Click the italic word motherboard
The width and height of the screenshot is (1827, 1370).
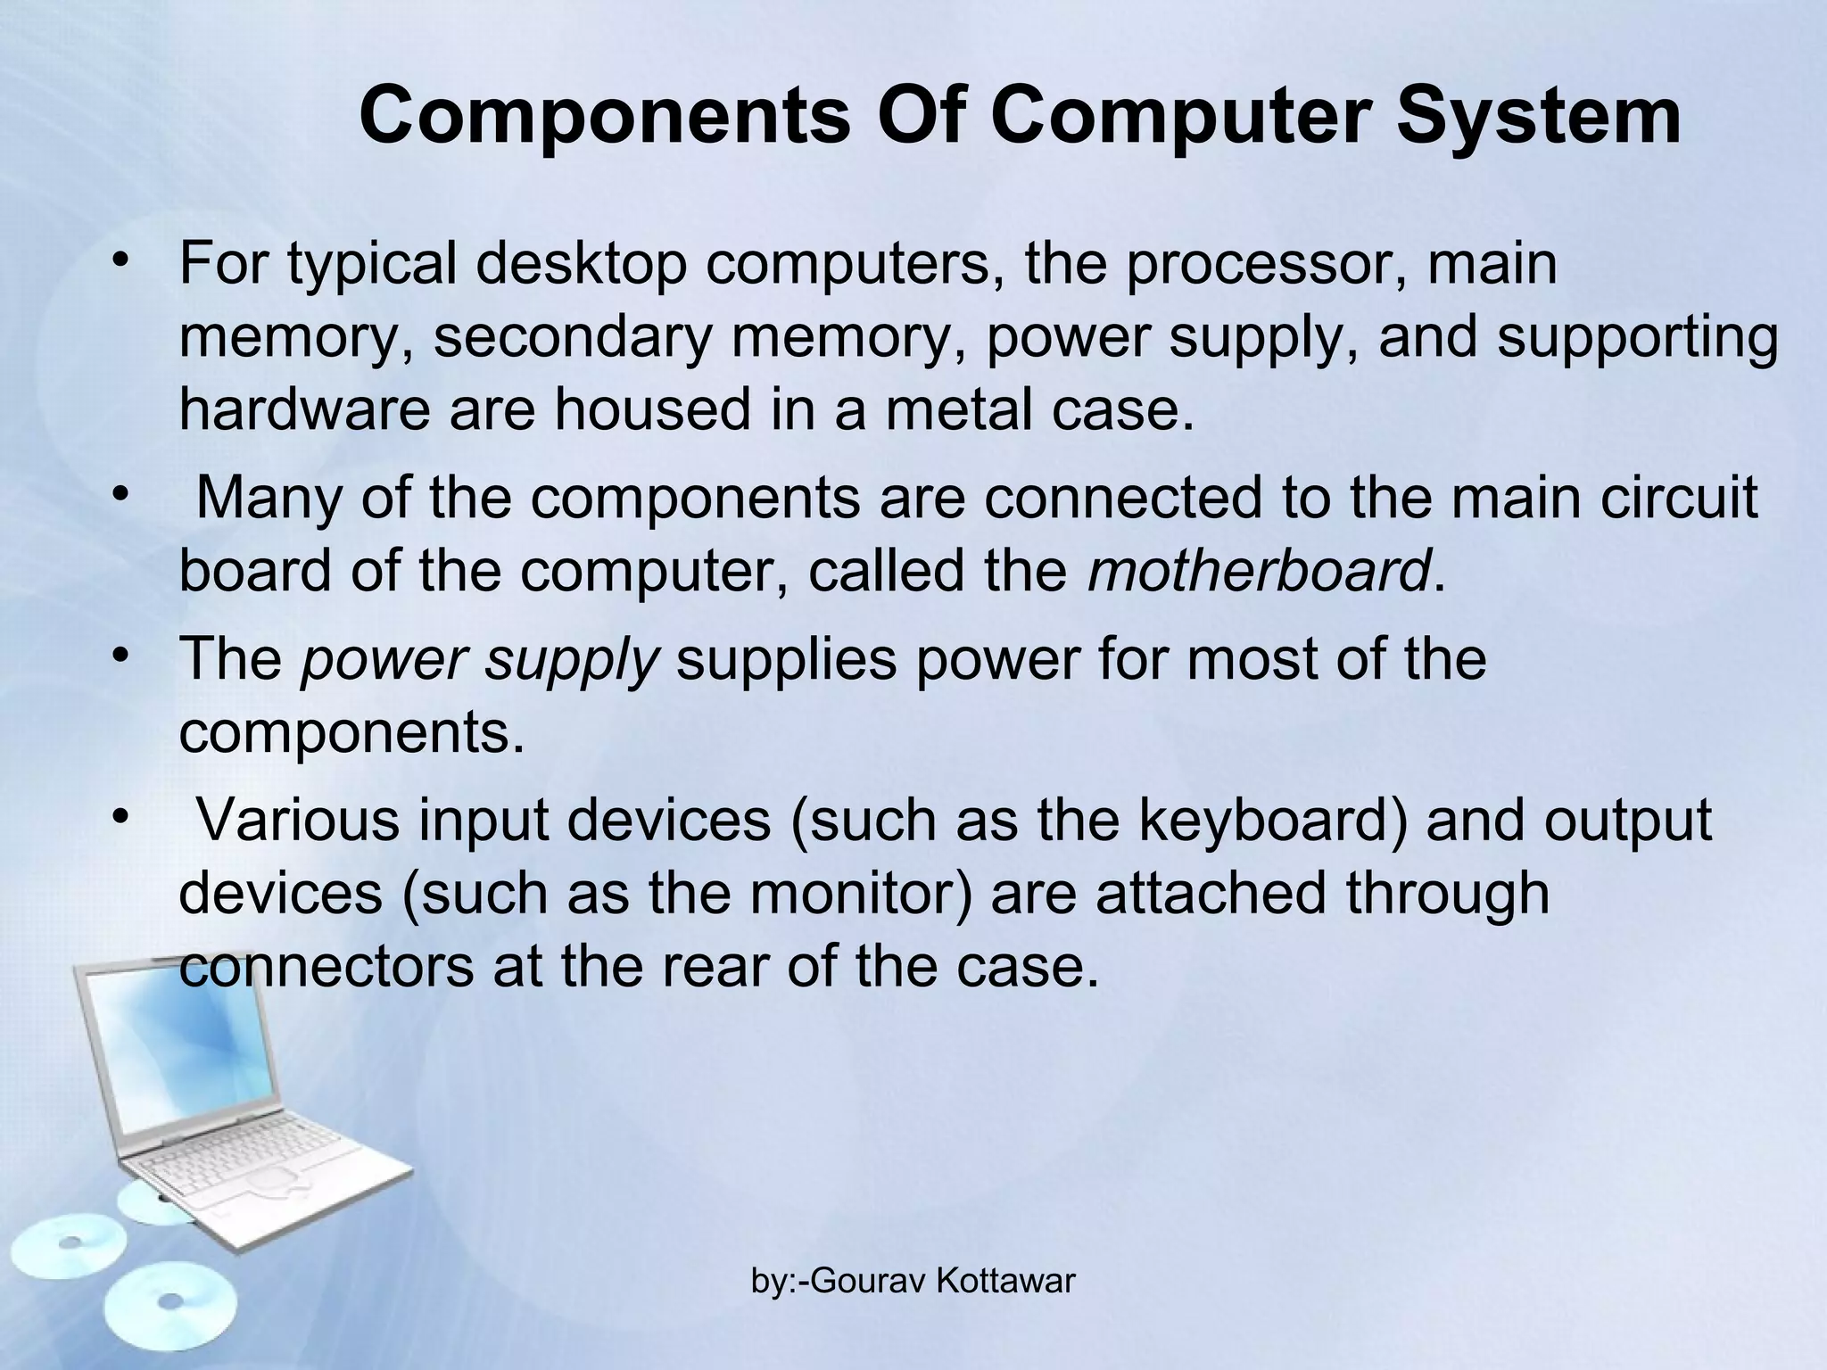[1259, 572]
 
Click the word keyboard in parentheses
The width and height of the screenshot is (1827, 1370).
[1266, 820]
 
